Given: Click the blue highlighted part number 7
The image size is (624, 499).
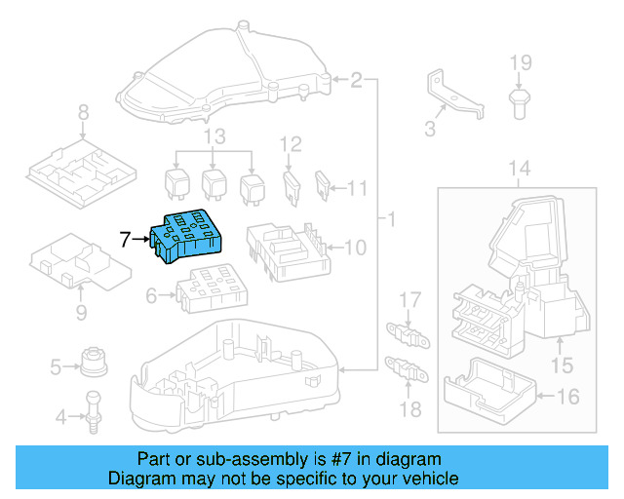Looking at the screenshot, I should point(189,235).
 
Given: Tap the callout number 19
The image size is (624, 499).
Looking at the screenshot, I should point(521,64).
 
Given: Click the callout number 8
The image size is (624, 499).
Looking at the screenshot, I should point(83,111).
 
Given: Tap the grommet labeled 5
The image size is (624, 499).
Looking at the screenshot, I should point(94,363).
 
